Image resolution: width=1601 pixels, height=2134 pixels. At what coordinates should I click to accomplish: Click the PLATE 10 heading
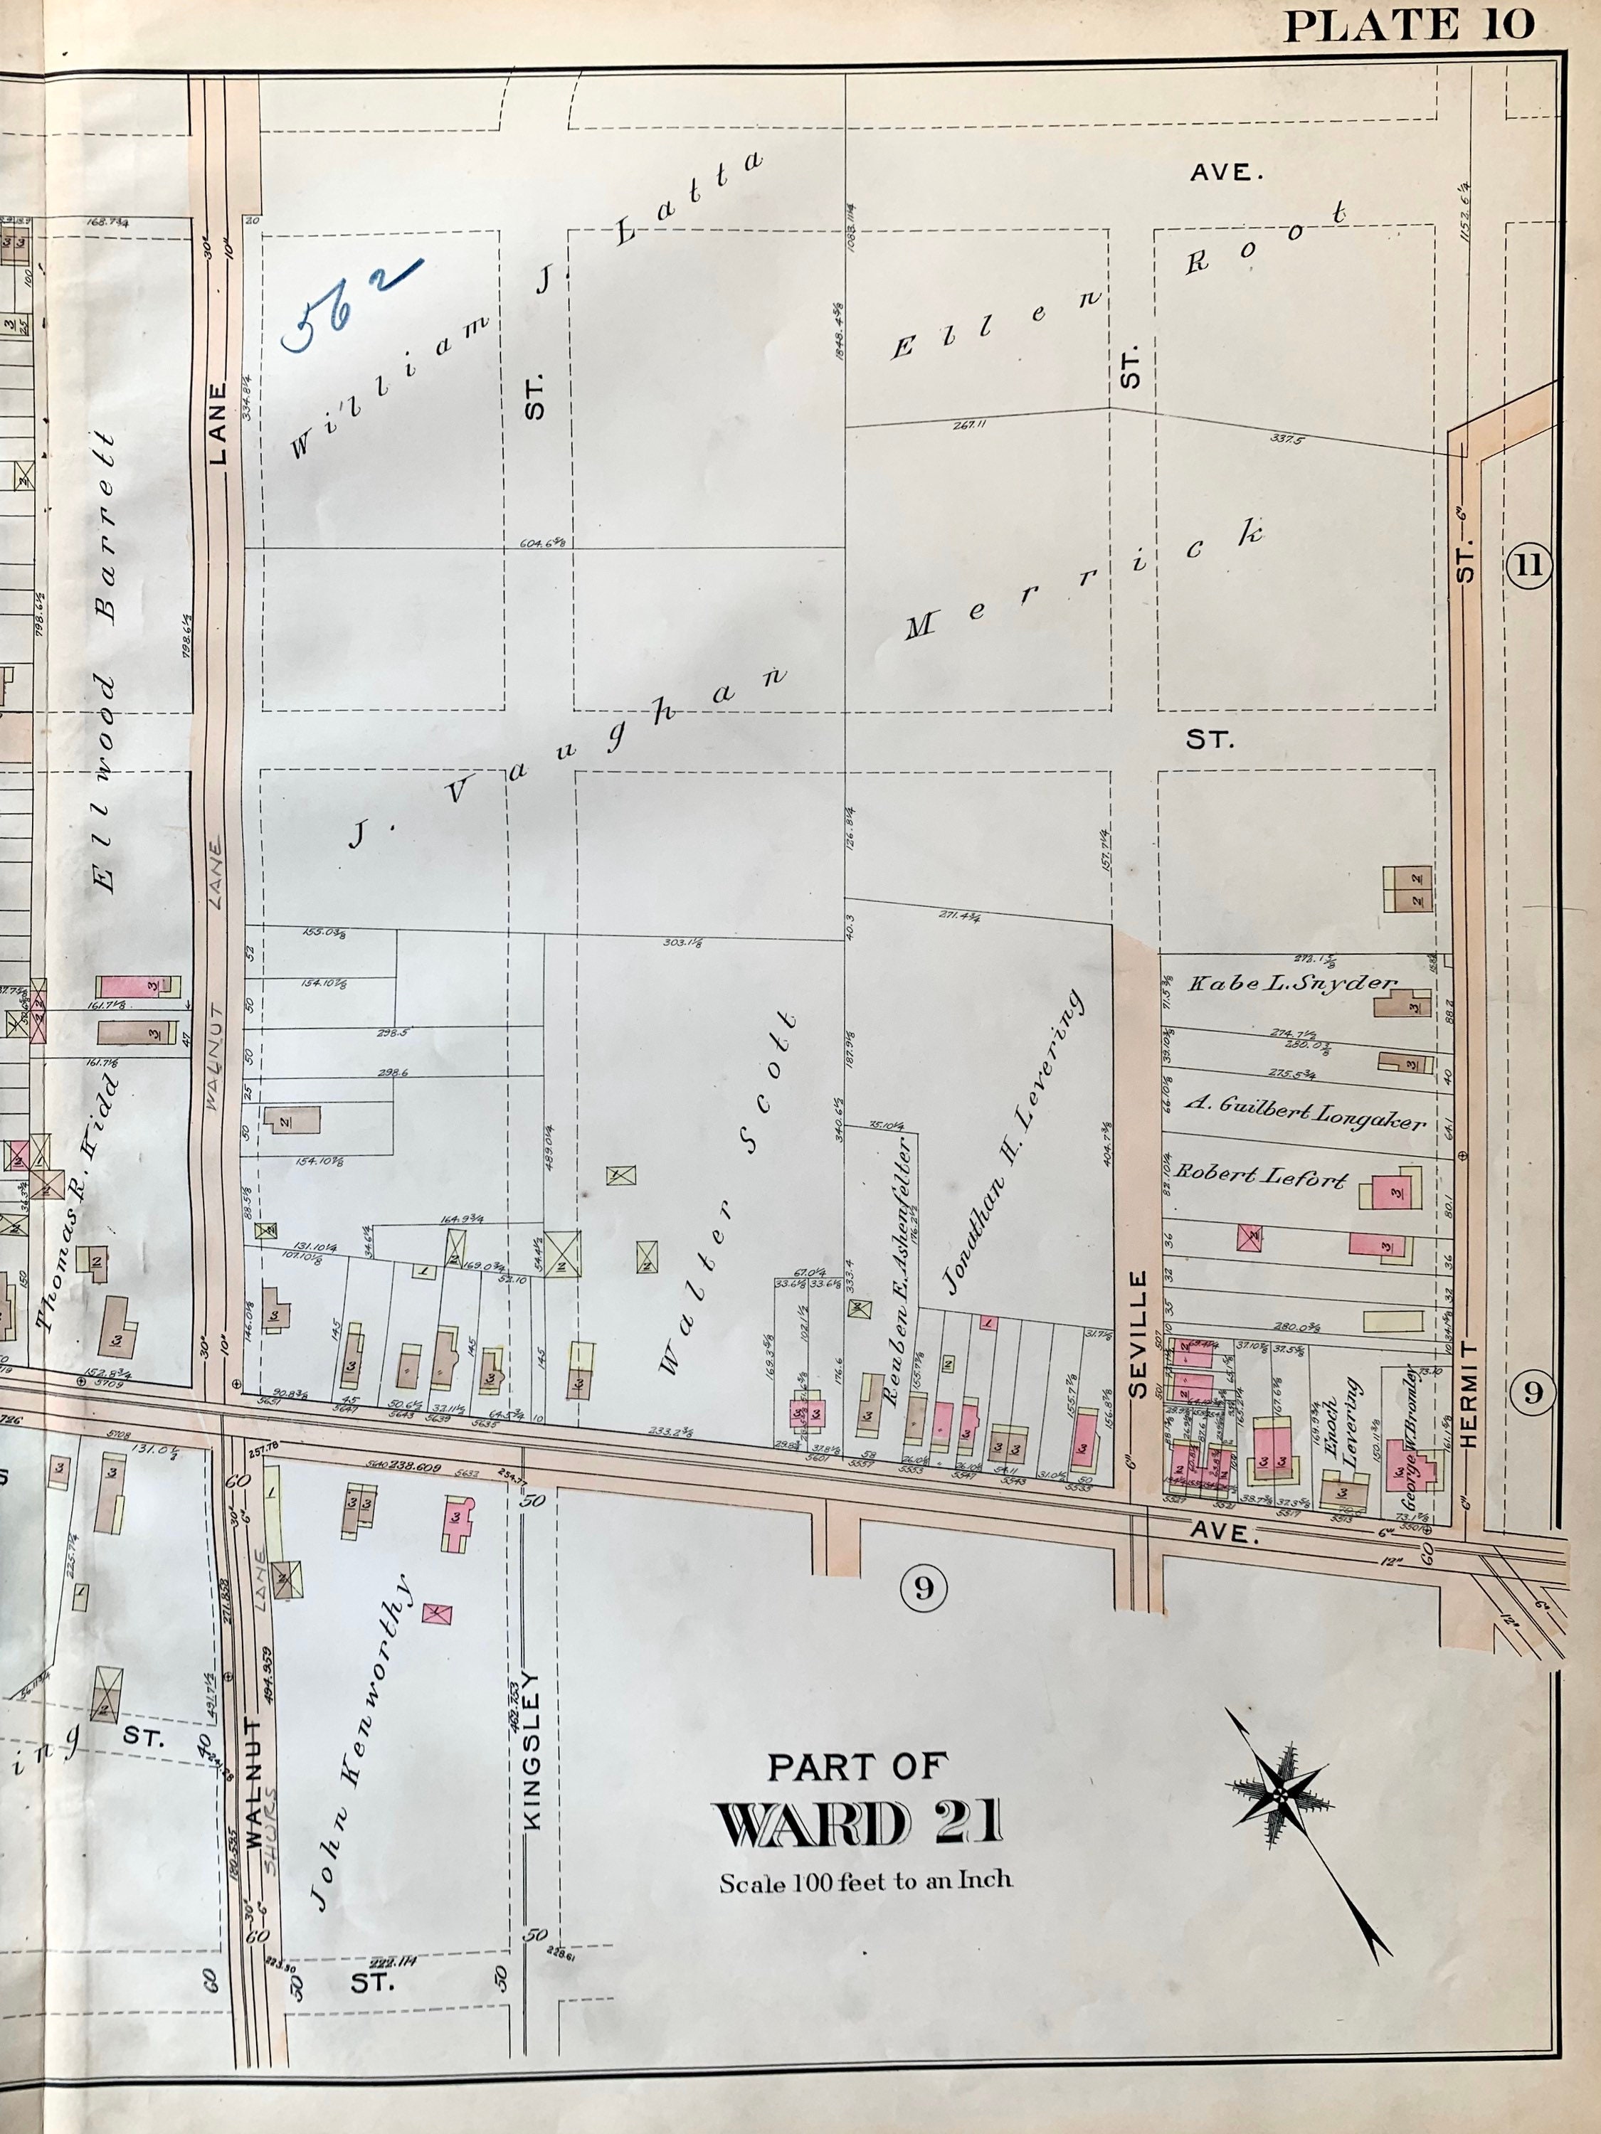(1409, 25)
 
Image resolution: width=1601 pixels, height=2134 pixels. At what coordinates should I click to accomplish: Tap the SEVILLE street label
(1138, 1334)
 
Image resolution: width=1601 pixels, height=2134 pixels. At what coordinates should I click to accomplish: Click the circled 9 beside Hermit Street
(1533, 1392)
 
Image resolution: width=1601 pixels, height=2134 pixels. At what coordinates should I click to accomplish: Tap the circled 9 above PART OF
(924, 1587)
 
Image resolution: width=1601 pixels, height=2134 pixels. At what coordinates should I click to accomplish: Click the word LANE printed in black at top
(218, 425)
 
